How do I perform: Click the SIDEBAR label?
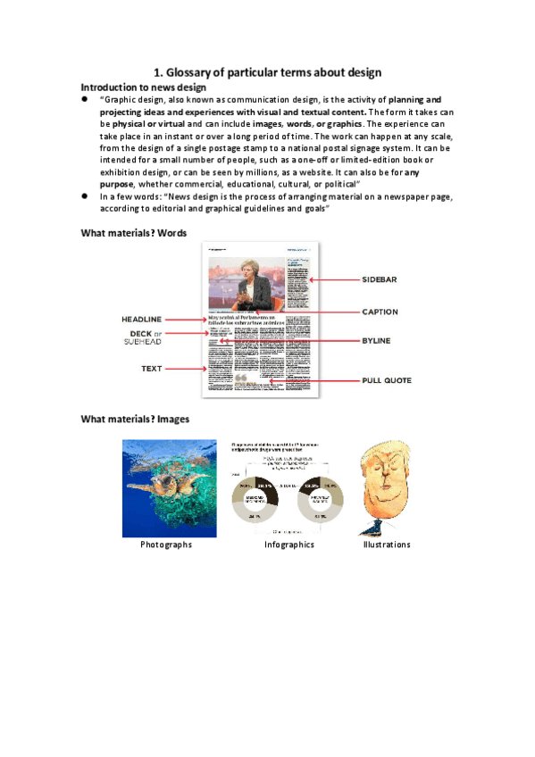point(379,279)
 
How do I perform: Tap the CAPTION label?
point(380,312)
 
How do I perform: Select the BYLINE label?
point(376,341)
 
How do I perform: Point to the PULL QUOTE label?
point(387,380)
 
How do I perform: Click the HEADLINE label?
point(141,319)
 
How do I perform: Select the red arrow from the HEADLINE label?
point(185,319)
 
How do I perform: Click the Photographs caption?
point(166,545)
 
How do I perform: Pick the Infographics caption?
point(288,545)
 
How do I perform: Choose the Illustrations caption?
point(386,545)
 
